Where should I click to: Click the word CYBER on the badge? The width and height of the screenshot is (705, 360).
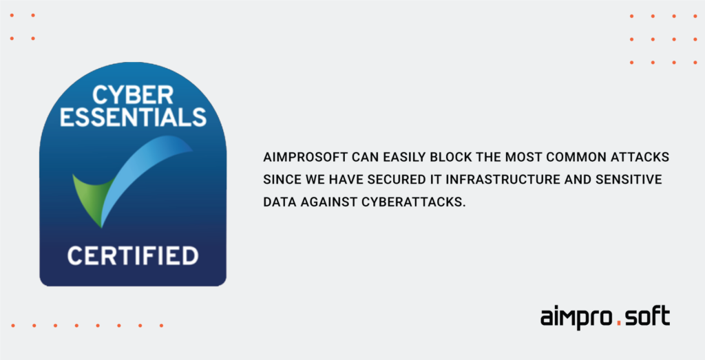point(133,95)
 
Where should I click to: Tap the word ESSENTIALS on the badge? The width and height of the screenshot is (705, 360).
point(133,117)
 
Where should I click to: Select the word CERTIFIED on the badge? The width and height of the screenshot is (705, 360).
point(133,255)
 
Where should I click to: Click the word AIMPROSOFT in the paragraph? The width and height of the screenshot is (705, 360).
point(305,158)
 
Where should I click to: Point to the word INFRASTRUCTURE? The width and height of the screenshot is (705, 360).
point(503,180)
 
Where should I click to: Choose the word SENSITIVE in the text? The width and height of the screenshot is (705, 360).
point(629,180)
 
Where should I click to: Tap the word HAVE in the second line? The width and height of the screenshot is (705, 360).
point(346,180)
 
